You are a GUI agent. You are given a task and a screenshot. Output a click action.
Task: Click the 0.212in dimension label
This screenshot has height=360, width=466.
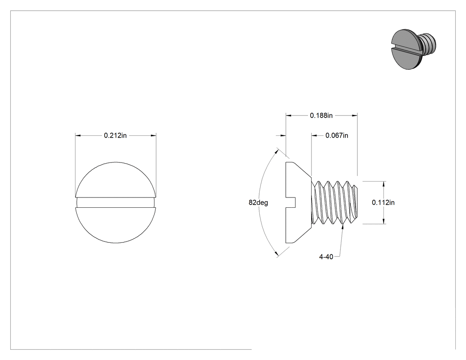click(115, 135)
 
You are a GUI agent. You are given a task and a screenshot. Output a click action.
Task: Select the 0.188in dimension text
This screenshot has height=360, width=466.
click(321, 115)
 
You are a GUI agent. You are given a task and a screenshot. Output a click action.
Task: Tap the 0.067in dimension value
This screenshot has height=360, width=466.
click(337, 135)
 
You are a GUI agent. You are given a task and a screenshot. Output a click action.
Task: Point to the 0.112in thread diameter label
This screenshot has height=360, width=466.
click(383, 202)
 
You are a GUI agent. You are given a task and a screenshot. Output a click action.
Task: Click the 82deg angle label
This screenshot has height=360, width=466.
click(258, 202)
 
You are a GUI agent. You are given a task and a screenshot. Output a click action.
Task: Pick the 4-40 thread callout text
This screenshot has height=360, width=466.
click(326, 257)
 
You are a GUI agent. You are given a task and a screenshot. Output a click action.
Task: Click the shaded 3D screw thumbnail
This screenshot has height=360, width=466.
click(414, 49)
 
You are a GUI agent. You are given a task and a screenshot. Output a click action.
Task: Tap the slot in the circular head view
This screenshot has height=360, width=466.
click(115, 202)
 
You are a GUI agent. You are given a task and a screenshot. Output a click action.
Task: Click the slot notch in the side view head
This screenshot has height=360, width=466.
click(291, 202)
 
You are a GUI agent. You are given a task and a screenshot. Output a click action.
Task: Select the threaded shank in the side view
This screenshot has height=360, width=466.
click(335, 202)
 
